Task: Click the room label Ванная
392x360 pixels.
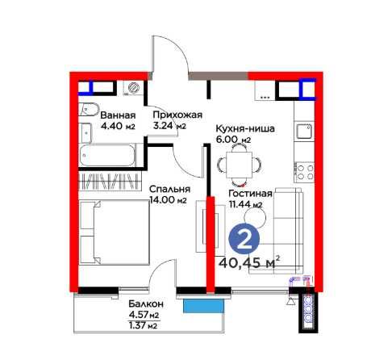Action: (x=118, y=115)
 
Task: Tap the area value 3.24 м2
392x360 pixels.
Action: (x=169, y=126)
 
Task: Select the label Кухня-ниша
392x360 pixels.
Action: (x=245, y=128)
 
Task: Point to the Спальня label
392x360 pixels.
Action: (x=169, y=189)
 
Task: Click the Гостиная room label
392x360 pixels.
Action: (x=250, y=194)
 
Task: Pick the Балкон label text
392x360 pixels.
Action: (x=146, y=304)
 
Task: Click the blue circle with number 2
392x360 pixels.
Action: (x=244, y=239)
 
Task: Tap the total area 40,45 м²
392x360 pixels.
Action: (x=246, y=262)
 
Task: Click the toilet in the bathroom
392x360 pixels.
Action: (x=89, y=109)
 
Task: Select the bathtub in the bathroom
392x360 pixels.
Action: (x=107, y=156)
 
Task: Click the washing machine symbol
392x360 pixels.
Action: (x=132, y=88)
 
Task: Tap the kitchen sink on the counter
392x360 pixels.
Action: (x=304, y=132)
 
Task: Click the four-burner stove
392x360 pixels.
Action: (x=305, y=172)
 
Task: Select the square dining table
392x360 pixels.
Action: (x=239, y=165)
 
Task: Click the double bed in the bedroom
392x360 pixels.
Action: (x=115, y=232)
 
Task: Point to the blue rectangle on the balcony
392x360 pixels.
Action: (x=203, y=307)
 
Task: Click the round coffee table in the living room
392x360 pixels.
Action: (x=255, y=217)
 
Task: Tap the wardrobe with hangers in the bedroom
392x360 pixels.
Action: (x=110, y=181)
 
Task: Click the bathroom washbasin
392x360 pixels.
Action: (x=86, y=133)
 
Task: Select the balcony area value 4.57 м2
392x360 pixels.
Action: (x=144, y=315)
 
